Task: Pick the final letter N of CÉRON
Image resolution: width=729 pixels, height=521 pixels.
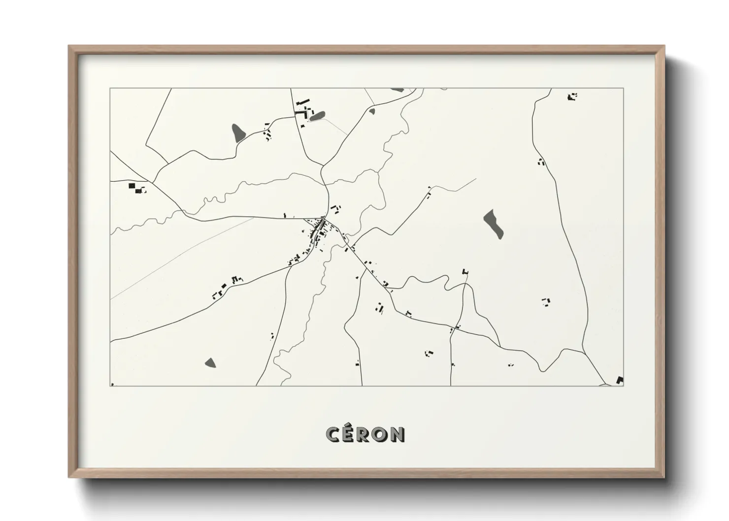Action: [398, 434]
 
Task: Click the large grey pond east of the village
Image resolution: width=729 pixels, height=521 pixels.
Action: [494, 224]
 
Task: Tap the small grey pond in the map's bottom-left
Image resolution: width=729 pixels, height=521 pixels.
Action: [210, 363]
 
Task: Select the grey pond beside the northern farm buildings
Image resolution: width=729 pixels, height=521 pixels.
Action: [317, 116]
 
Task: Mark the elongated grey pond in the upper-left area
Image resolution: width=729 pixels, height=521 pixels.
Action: [238, 132]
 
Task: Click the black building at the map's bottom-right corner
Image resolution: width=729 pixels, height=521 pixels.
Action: [620, 380]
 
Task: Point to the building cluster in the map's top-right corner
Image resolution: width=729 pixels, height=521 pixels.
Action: [572, 97]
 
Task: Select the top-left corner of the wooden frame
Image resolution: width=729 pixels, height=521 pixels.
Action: [69, 46]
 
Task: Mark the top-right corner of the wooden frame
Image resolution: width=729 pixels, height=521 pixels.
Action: [664, 46]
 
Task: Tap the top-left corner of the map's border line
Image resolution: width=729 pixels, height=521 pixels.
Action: [110, 89]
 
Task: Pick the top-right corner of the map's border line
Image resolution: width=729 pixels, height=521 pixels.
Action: [624, 89]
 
